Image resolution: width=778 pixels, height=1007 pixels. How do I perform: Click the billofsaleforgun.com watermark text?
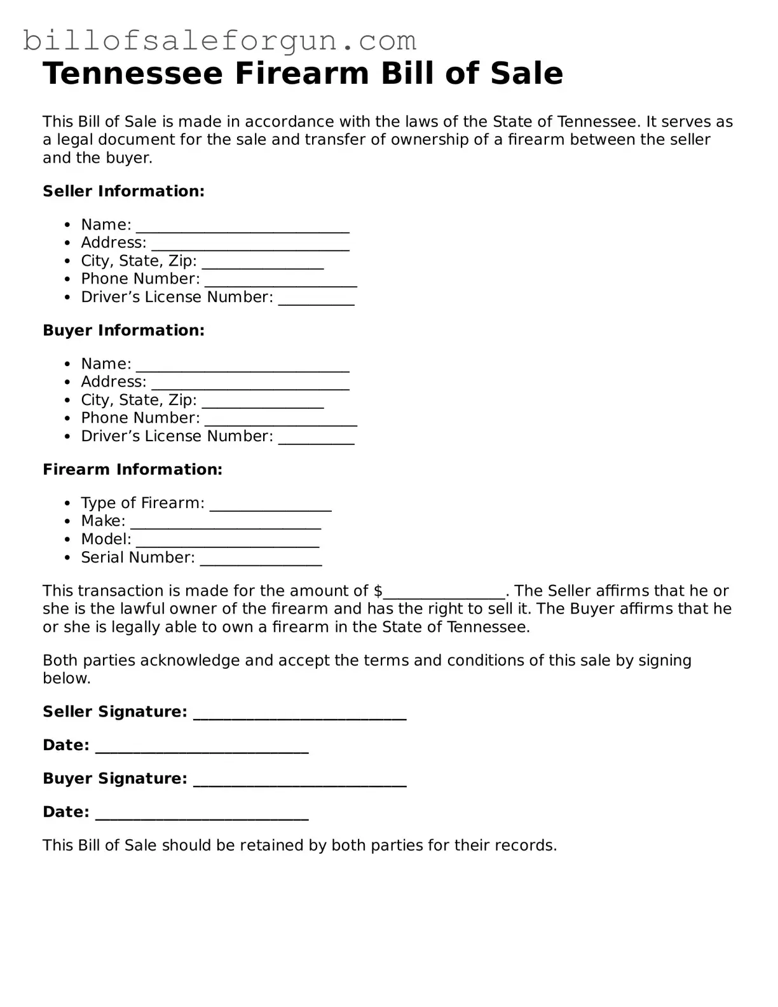(219, 41)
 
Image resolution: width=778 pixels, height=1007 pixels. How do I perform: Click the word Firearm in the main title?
(302, 74)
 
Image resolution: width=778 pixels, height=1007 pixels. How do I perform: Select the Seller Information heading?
(123, 191)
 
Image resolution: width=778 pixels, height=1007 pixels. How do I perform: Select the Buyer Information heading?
(123, 331)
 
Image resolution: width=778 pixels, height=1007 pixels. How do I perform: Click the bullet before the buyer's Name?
(68, 365)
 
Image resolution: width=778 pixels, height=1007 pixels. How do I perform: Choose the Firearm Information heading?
(132, 470)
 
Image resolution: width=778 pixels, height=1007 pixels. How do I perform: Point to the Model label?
(106, 539)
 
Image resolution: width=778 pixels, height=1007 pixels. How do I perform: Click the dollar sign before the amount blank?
(378, 591)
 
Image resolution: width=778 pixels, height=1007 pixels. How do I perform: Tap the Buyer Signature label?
(114, 779)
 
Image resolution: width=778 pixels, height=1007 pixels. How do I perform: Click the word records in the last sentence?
(529, 846)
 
